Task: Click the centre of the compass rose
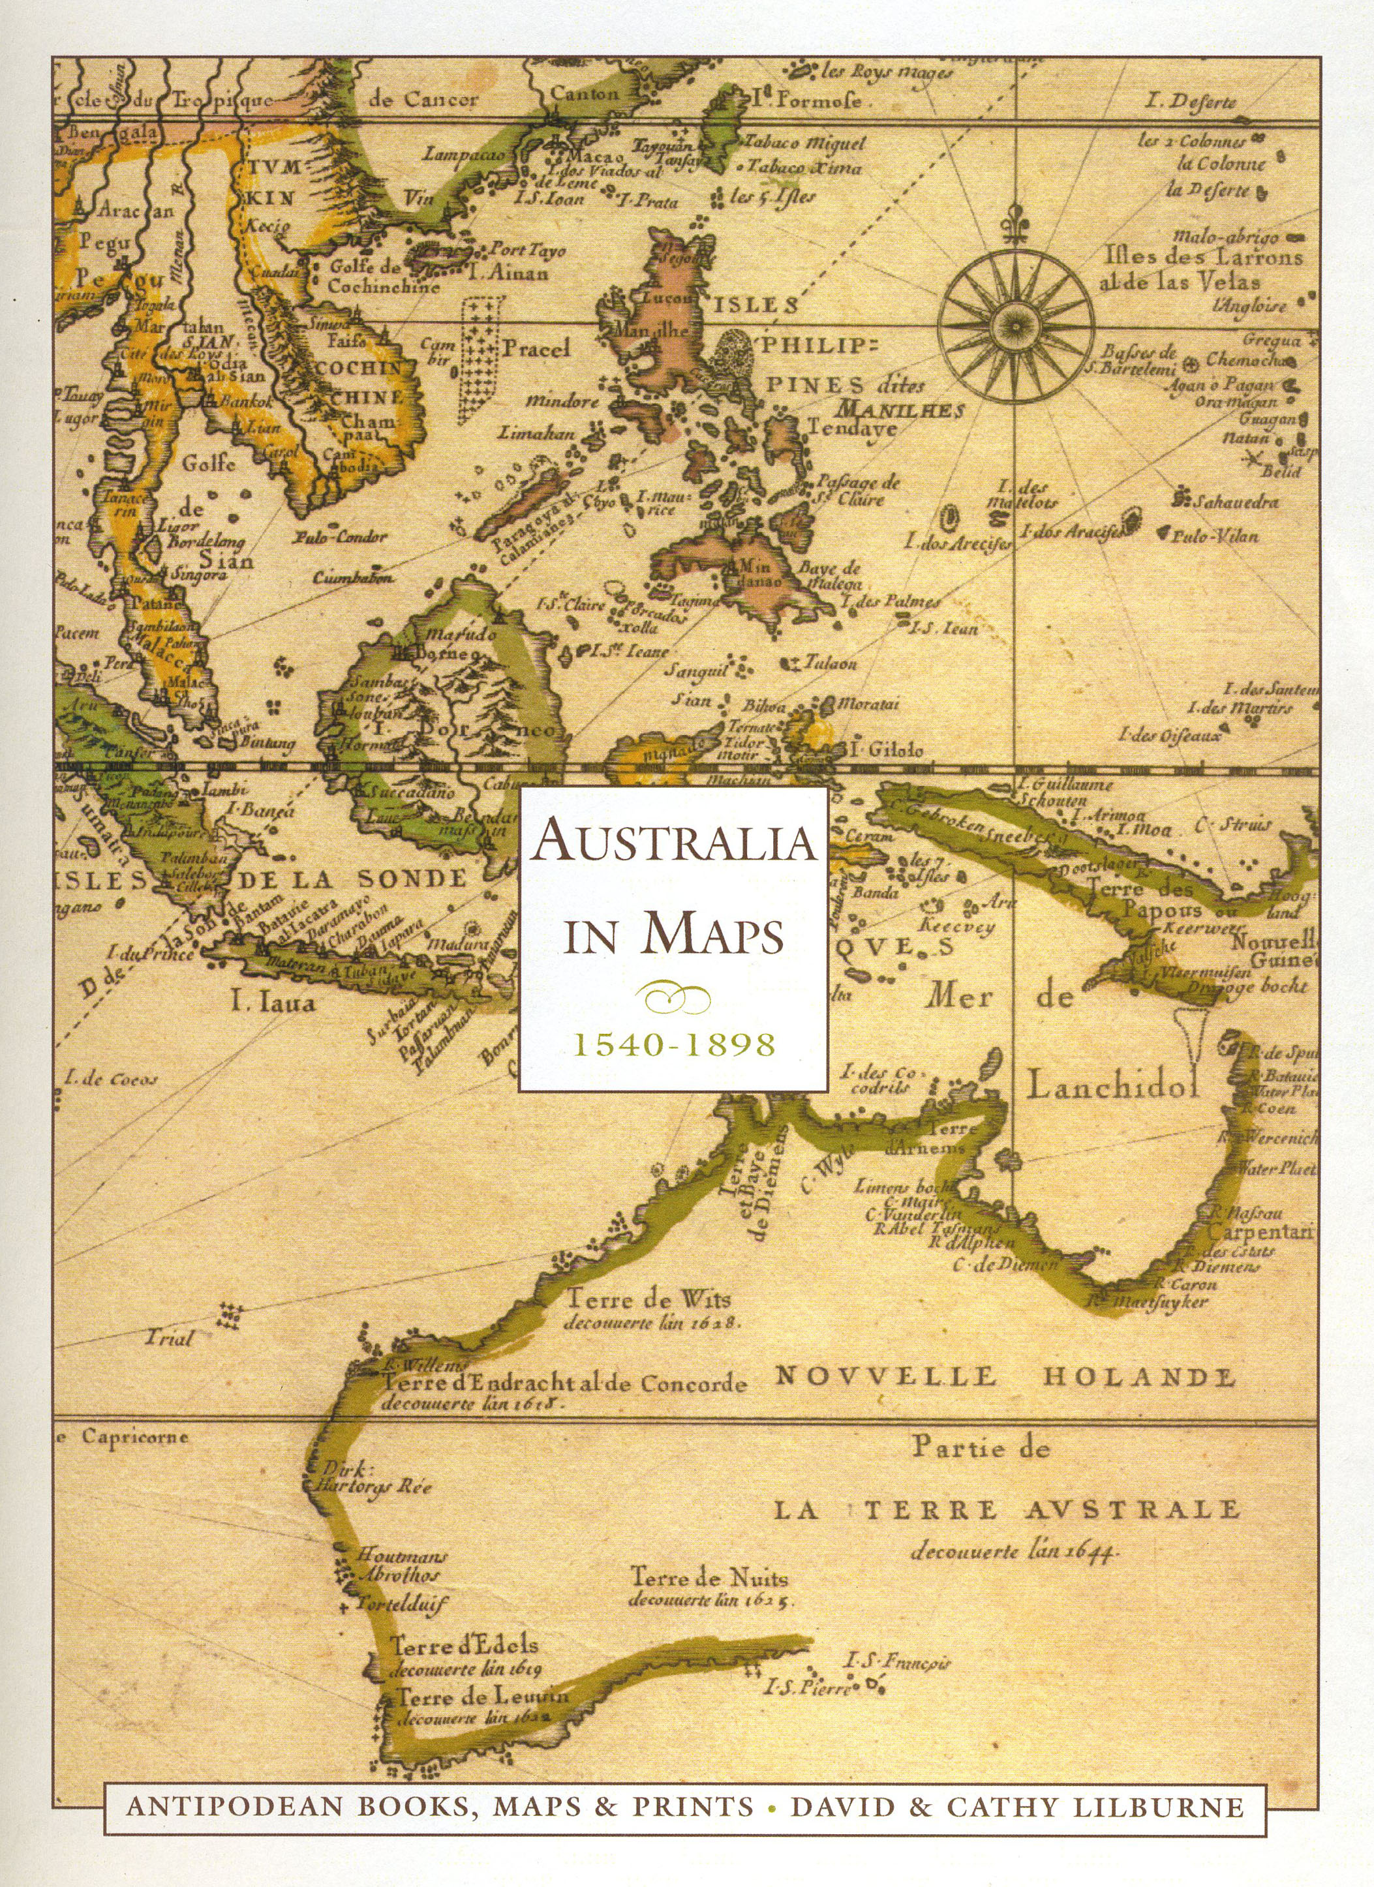pos(1015,321)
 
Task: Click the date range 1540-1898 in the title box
pos(673,1045)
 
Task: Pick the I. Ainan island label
pos(508,272)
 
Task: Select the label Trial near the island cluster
pos(169,1338)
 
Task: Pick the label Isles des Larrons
pos(1204,258)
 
